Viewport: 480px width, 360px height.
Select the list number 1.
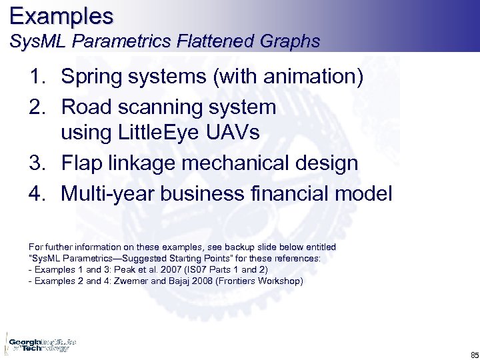37,77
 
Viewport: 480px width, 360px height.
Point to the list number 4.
37,194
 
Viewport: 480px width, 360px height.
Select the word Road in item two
84,107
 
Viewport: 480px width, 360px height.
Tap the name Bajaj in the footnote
193,281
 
